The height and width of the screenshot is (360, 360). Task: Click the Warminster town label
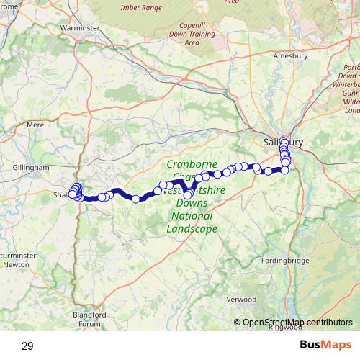(x=80, y=27)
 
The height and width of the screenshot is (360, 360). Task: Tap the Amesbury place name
(x=290, y=55)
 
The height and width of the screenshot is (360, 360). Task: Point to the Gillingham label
(x=31, y=166)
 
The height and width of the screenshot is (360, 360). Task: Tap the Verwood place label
(x=240, y=299)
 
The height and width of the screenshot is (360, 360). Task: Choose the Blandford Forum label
(x=90, y=319)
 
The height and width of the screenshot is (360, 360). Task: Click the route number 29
(x=27, y=346)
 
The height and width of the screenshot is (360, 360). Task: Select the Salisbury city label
(x=281, y=143)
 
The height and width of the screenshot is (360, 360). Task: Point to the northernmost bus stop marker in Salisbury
(x=284, y=140)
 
